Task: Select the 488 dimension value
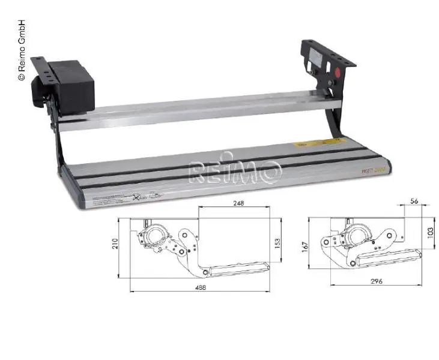(x=200, y=287)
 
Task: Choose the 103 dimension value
(x=431, y=232)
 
